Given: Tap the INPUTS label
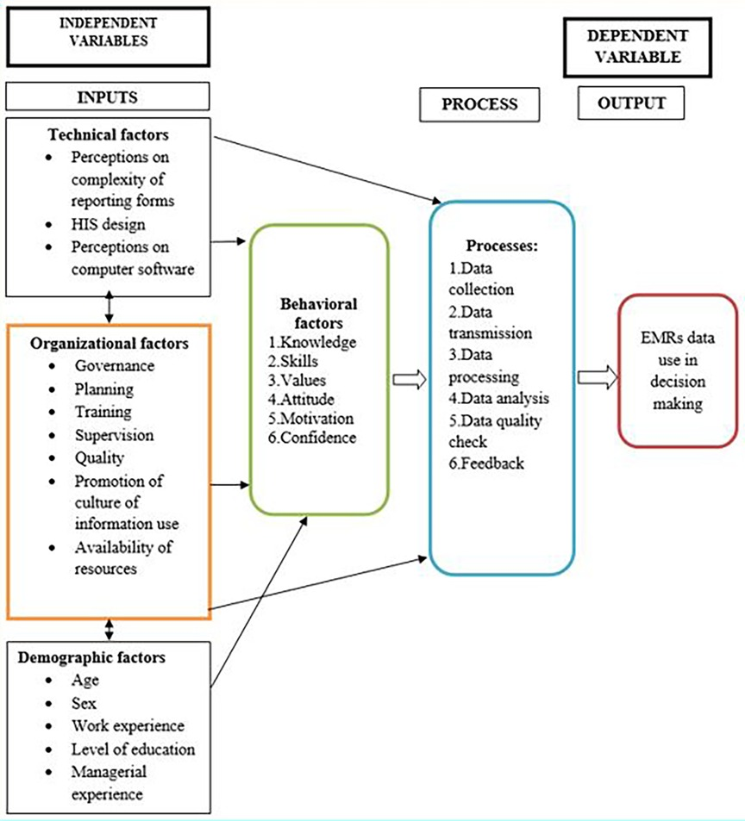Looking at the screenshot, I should tap(107, 96).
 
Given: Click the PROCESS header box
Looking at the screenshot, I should tap(479, 104).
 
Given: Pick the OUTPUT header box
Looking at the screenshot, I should tap(631, 103).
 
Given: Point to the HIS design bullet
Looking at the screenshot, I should tap(108, 223).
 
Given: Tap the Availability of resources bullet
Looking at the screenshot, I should tap(117, 557).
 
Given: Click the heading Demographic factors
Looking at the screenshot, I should tap(105, 658).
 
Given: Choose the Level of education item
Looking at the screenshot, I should tap(133, 748).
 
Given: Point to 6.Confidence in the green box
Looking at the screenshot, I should tap(312, 437).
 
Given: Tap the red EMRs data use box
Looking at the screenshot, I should tap(678, 370).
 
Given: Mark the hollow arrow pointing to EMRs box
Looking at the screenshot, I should tap(597, 376).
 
